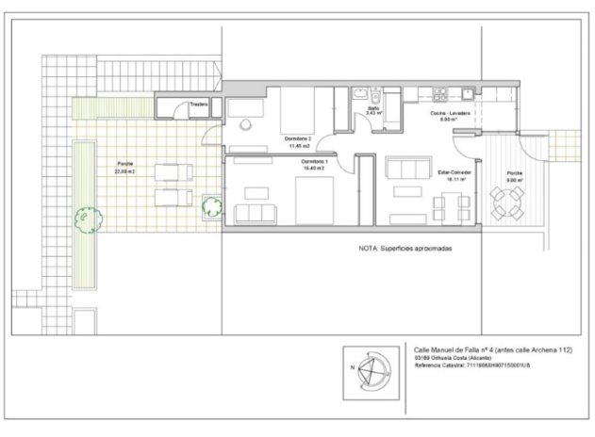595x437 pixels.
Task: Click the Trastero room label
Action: point(198,104)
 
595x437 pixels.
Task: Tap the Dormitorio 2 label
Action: point(297,138)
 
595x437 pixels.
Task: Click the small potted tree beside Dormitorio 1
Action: point(210,206)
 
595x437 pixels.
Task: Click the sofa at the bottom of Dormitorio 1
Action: point(256,212)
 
